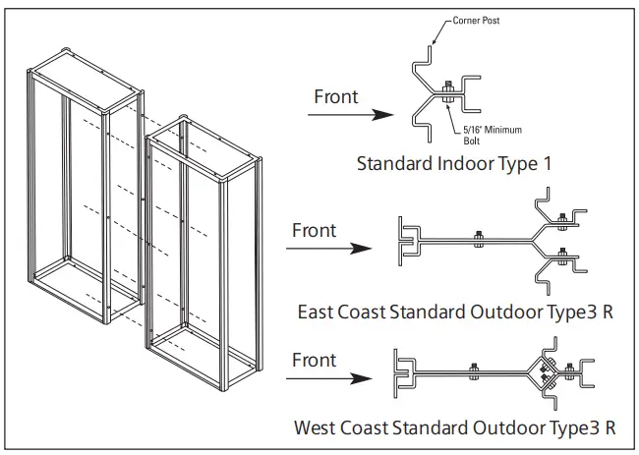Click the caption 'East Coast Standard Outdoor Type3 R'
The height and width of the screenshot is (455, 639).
[x=457, y=313]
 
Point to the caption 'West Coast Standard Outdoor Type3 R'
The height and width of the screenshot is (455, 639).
[x=455, y=427]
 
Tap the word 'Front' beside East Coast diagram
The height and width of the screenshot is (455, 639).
[x=315, y=231]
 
